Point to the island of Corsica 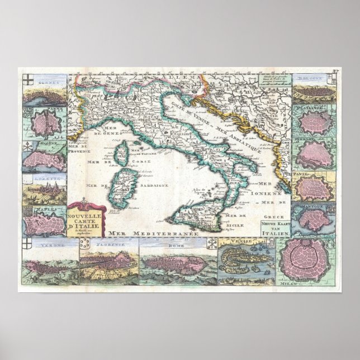pos(120,156)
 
